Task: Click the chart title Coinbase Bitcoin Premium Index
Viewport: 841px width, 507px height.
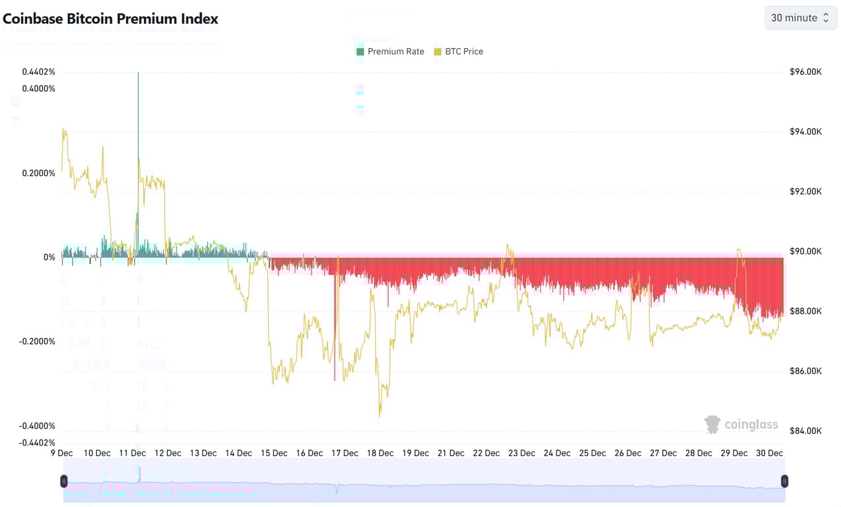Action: pos(110,18)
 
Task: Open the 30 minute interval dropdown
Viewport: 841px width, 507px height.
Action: pos(800,18)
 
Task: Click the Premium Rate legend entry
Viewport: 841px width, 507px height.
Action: pos(390,51)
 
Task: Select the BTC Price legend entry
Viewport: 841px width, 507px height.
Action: pos(459,51)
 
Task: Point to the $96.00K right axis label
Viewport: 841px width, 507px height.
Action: pos(805,72)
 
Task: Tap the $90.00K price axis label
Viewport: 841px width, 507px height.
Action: pos(805,252)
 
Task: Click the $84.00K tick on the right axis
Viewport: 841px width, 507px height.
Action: pos(805,431)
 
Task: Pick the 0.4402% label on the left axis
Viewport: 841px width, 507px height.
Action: pos(38,72)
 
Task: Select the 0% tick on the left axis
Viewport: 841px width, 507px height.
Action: pos(49,257)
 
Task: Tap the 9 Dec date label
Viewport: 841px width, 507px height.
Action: pos(62,453)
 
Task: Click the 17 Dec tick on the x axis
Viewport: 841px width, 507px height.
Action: pos(345,453)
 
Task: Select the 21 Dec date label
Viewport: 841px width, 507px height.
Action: pos(452,453)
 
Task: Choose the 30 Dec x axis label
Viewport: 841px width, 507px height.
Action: pos(769,453)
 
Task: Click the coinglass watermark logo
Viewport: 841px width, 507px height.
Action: pos(741,424)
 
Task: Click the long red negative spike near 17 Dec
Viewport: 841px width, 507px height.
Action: pos(335,330)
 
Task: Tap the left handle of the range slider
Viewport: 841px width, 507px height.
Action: pos(64,481)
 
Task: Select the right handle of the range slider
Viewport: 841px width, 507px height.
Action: pos(784,481)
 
